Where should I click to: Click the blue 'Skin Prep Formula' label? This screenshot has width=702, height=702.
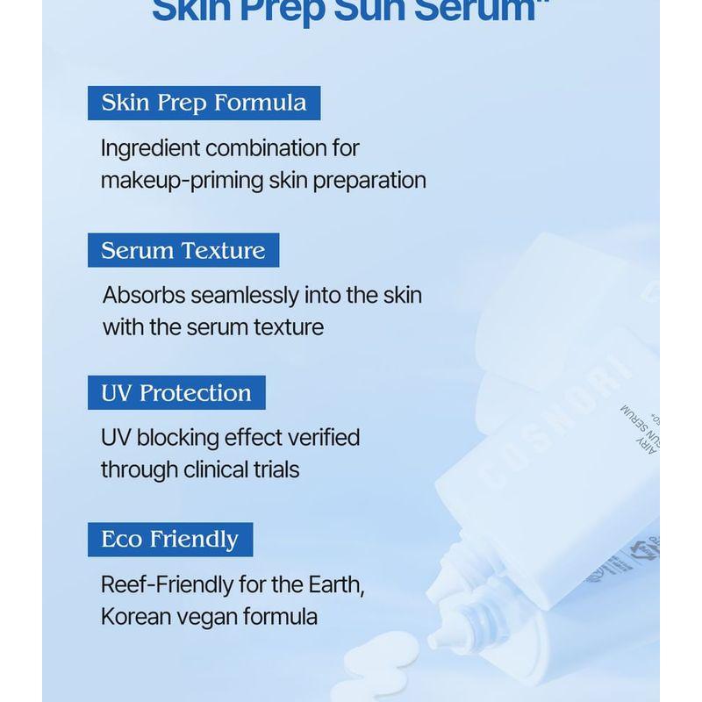coord(204,103)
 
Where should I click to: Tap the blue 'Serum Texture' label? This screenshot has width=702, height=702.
coord(183,250)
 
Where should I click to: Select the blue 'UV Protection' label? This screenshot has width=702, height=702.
coord(176,392)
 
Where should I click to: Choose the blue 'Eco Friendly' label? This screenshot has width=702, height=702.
coord(169,539)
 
